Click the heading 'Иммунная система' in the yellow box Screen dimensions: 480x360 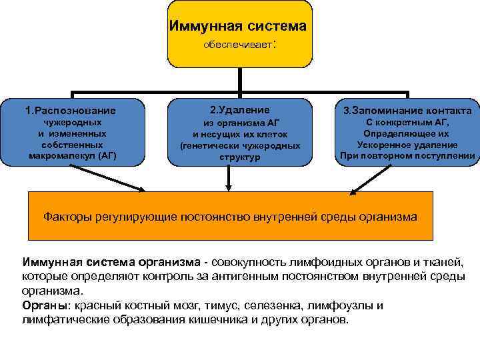pyautogui.click(x=238, y=27)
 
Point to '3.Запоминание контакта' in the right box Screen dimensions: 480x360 pyautogui.click(x=407, y=110)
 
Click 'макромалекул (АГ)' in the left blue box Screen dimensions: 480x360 pyautogui.click(x=73, y=155)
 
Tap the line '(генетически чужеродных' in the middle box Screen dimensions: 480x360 pyautogui.click(x=240, y=145)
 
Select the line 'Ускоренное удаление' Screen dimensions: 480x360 pyautogui.click(x=407, y=145)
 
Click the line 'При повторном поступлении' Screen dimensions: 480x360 pyautogui.click(x=407, y=156)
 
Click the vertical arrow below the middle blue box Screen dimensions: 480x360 pyautogui.click(x=229, y=177)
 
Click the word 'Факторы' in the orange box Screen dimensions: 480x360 pyautogui.click(x=65, y=217)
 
